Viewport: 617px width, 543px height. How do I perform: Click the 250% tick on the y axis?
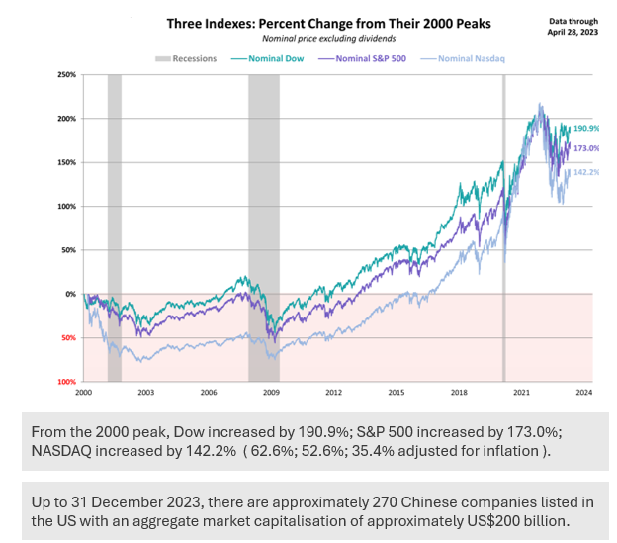click(x=68, y=75)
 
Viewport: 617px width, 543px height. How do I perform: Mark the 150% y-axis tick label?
click(x=68, y=162)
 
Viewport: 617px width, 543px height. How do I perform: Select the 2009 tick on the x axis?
click(x=271, y=393)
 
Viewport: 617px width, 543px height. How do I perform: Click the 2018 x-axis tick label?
click(x=459, y=393)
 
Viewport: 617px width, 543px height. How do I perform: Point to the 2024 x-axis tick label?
click(x=583, y=393)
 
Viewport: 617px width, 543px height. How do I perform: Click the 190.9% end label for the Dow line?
click(x=587, y=129)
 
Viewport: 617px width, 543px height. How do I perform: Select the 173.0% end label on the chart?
click(x=587, y=148)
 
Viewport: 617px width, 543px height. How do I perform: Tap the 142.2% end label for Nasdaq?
click(x=587, y=172)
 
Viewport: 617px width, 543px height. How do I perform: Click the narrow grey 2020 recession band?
click(x=503, y=227)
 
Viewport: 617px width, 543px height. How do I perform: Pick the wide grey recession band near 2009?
click(x=264, y=227)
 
